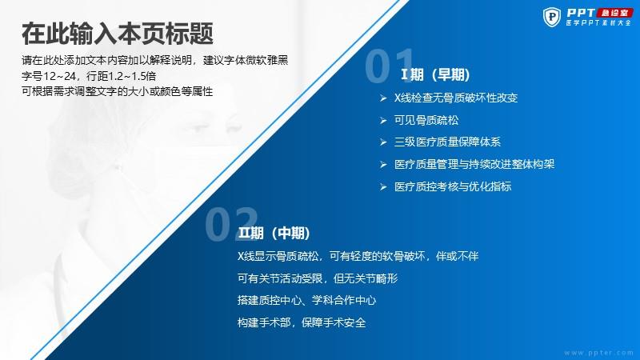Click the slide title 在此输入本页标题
click(x=118, y=33)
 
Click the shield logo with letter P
click(x=552, y=17)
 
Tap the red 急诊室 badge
click(x=615, y=13)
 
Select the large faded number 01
click(x=390, y=66)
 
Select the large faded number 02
click(x=231, y=223)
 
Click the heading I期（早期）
click(x=435, y=74)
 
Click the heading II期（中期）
click(x=274, y=233)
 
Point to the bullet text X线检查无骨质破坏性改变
click(x=456, y=98)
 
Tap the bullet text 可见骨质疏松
click(x=426, y=120)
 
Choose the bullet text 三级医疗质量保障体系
click(x=447, y=142)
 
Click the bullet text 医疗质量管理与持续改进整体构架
click(x=474, y=164)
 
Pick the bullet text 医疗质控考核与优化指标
click(x=453, y=186)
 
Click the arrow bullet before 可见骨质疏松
click(x=383, y=121)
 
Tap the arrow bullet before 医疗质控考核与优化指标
click(x=383, y=187)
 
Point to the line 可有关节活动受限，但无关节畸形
click(x=318, y=278)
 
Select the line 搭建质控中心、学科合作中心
click(x=306, y=301)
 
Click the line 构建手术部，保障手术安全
click(x=302, y=322)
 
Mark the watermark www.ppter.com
click(x=598, y=353)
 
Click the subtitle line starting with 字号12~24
click(x=89, y=76)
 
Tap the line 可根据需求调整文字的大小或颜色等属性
click(x=117, y=91)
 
